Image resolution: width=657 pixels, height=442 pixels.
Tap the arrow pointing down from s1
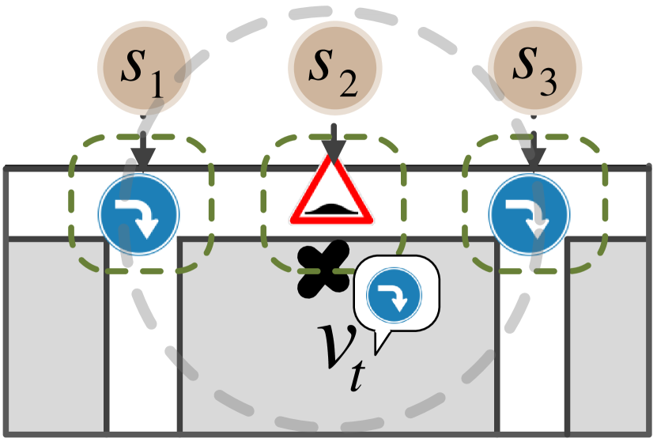tap(141, 150)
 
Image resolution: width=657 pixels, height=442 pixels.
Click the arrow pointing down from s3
tap(534, 150)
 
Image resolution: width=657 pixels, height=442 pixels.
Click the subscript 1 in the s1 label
tap(155, 85)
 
